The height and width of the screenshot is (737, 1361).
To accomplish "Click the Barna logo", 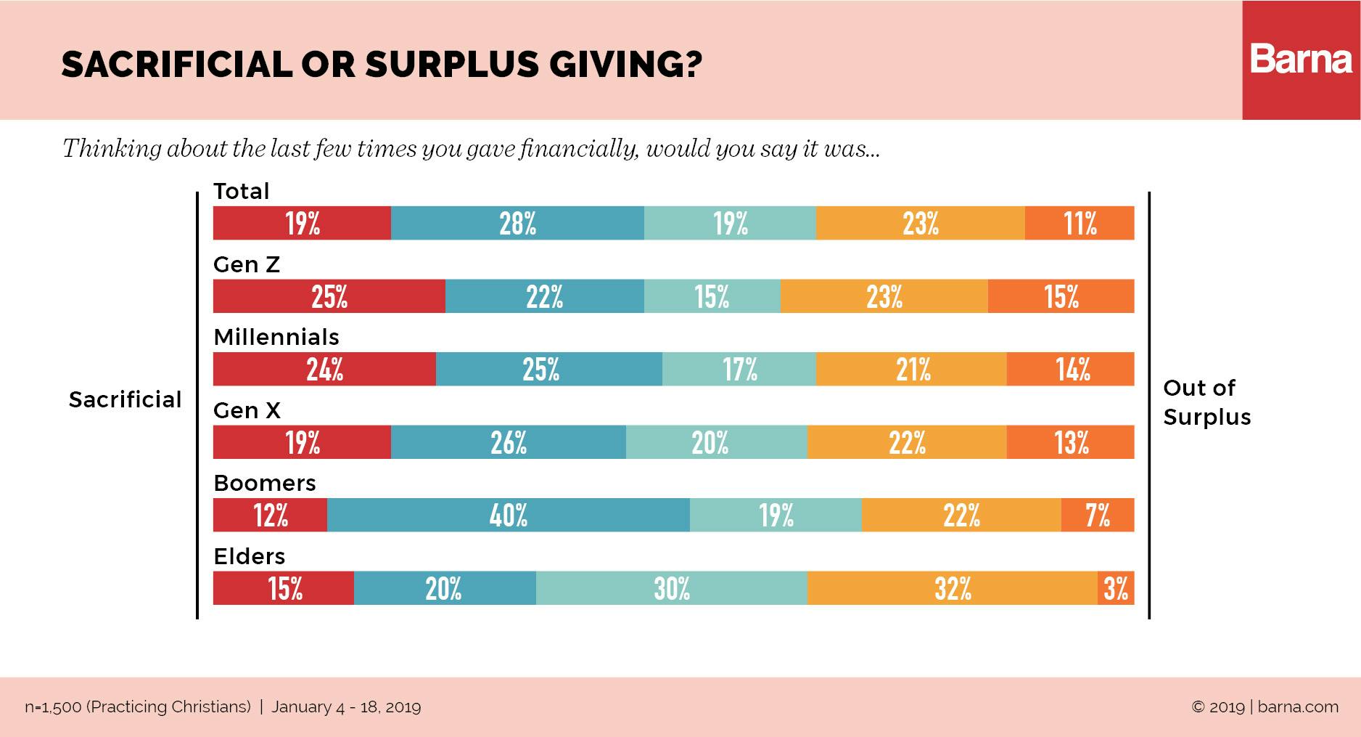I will click(x=1301, y=60).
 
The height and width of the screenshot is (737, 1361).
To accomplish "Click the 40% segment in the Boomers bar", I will click(x=508, y=515).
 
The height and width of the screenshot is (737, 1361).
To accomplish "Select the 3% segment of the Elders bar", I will click(x=1116, y=588).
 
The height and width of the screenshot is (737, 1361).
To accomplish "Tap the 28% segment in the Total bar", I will click(x=517, y=223).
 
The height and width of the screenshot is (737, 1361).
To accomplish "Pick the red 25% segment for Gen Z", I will click(x=329, y=296).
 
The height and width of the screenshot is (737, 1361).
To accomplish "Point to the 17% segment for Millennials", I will click(x=739, y=369).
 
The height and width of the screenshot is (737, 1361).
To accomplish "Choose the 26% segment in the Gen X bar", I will click(x=508, y=442).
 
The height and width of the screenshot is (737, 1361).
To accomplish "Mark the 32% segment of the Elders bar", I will click(x=952, y=588).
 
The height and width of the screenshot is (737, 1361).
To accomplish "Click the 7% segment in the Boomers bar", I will click(x=1097, y=515).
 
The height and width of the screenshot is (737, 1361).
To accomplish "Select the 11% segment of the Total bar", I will click(x=1080, y=223).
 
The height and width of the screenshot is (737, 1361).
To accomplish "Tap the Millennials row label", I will click(x=276, y=337).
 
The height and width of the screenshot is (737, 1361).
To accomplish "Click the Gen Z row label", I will click(x=247, y=264).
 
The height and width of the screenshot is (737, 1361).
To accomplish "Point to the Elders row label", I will click(x=250, y=556).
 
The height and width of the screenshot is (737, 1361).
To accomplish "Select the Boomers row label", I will click(x=265, y=483).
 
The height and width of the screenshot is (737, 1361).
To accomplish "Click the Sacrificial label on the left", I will click(x=125, y=399).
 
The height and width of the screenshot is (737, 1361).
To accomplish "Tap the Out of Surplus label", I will click(x=1206, y=402).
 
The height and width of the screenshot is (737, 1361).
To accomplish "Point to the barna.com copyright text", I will click(x=1265, y=707).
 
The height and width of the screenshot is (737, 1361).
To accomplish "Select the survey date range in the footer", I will click(x=346, y=707).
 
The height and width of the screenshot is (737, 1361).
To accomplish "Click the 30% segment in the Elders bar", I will click(x=671, y=588).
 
